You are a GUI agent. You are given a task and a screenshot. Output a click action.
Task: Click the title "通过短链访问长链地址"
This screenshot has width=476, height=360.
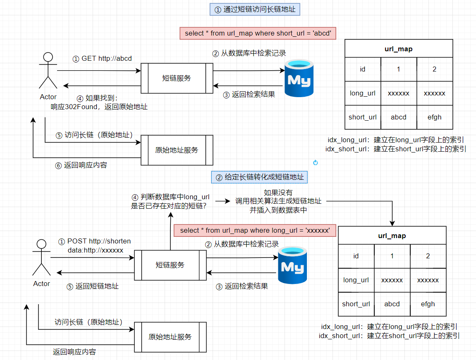(255, 10)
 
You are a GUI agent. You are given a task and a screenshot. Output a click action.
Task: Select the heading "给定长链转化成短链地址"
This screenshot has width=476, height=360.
(260, 177)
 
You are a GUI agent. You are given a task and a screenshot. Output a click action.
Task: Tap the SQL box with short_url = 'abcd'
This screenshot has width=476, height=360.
(258, 33)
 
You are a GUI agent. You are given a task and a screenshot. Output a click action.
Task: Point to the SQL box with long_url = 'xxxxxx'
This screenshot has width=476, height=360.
(255, 230)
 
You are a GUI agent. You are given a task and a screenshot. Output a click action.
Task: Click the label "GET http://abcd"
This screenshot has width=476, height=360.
(102, 58)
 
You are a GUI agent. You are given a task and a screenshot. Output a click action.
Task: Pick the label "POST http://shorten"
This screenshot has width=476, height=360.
(95, 241)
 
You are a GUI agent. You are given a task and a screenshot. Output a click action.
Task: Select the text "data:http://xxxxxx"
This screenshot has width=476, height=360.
(96, 250)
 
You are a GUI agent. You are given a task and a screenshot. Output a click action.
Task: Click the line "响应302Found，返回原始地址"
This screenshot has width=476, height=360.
(99, 107)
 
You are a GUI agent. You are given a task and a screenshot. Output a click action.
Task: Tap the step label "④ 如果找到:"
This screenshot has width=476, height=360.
(98, 98)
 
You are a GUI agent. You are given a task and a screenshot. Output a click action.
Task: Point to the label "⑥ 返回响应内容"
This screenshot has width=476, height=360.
(81, 165)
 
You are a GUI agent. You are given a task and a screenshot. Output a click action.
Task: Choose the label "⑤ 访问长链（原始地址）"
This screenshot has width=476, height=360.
(94, 135)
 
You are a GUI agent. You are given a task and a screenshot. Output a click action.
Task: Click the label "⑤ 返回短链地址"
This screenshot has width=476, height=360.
(93, 286)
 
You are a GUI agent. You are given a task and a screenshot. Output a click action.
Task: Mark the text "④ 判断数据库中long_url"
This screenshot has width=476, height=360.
(170, 197)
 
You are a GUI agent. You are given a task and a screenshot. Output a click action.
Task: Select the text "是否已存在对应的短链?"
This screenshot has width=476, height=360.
(169, 205)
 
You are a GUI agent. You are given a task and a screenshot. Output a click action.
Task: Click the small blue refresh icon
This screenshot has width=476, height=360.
(316, 163)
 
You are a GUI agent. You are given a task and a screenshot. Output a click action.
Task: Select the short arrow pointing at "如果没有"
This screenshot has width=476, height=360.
(222, 201)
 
